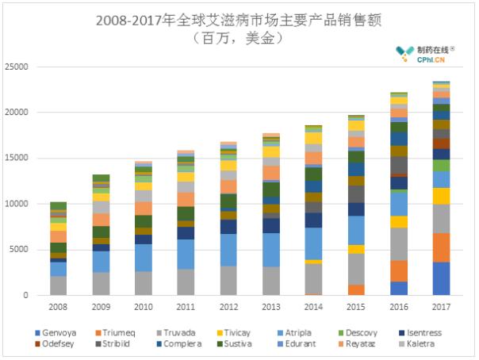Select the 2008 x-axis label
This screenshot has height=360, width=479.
[58, 305]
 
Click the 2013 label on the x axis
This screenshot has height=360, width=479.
[270, 305]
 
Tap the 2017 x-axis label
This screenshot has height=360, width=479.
[441, 305]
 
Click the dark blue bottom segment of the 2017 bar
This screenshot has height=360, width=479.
[441, 279]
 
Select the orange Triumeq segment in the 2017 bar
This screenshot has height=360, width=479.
[441, 247]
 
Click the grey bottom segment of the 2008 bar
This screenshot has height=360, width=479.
[58, 285]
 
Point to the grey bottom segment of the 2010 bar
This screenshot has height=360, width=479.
[143, 283]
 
